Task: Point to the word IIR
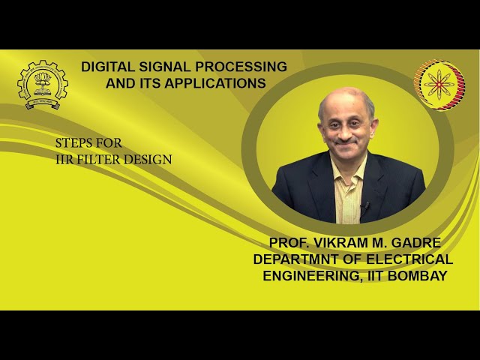tap(64, 159)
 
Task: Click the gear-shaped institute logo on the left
tap(42, 85)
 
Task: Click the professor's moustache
tap(343, 139)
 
